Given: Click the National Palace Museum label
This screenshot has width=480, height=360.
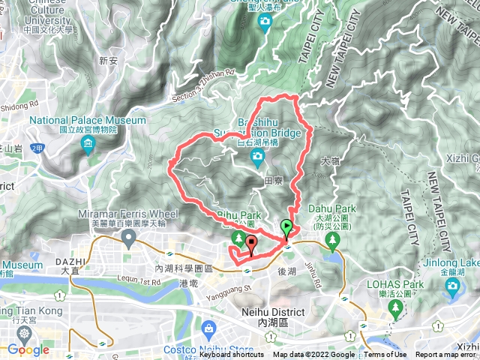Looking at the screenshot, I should click(88, 120).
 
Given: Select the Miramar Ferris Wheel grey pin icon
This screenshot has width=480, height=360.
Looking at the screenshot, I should click(128, 239).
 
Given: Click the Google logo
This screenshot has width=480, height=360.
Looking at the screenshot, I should click(28, 349).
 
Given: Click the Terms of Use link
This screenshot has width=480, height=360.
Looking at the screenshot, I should click(385, 355).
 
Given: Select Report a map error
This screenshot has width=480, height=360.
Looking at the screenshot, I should click(447, 355).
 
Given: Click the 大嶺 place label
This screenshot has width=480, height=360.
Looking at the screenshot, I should click(330, 160).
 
